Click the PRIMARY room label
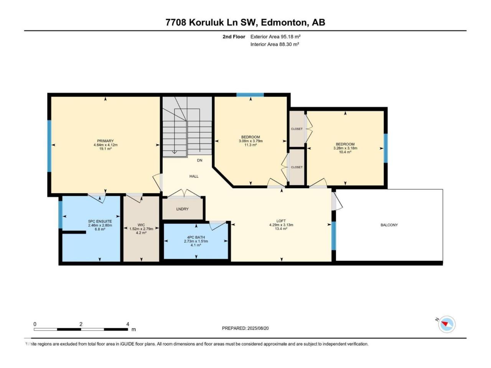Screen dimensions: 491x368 105,141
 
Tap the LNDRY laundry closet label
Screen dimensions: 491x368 182,209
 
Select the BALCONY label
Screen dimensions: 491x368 389,225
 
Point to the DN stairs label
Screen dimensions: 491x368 199,160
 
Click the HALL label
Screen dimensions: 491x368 194,176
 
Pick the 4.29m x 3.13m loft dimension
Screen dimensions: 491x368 281,225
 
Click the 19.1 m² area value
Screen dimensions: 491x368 105,149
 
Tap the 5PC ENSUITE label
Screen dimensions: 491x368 100,222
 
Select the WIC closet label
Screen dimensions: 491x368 141,225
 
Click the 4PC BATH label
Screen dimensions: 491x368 196,237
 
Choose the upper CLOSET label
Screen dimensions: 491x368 297,129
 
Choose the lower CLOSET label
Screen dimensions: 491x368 297,167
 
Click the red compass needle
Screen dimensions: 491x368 445,323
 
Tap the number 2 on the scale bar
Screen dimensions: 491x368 81,324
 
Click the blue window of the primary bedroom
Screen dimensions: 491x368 49,146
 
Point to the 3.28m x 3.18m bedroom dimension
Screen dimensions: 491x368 345,148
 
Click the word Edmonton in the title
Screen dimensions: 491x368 283,23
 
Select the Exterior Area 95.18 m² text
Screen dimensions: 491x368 275,37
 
